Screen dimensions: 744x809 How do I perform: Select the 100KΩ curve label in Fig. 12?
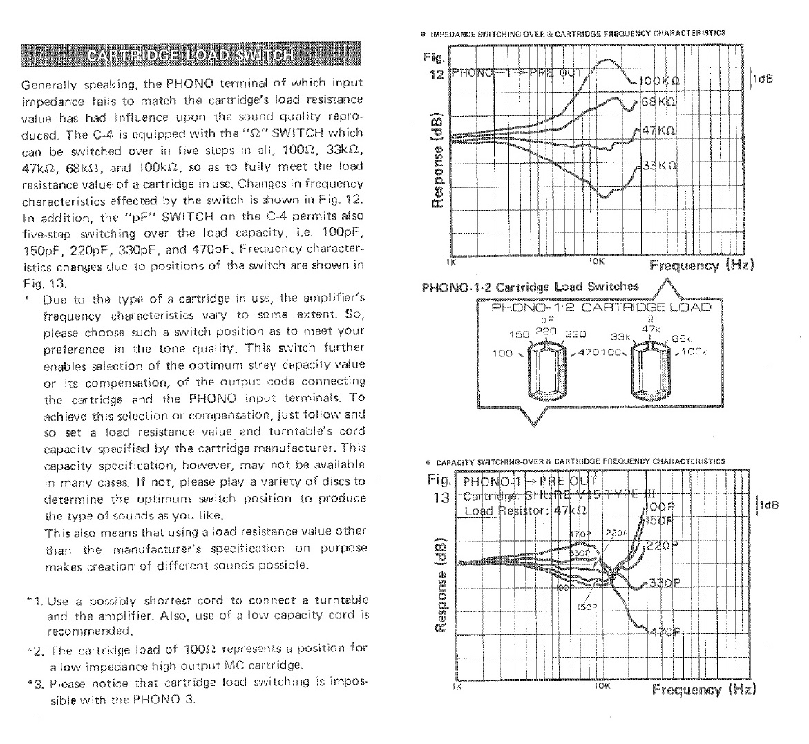pos(660,80)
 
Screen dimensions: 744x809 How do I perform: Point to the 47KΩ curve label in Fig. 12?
pos(658,131)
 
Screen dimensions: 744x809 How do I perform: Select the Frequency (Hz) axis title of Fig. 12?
pos(701,265)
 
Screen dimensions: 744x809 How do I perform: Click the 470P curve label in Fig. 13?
pos(665,632)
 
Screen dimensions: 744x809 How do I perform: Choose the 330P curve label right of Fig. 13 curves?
pos(665,583)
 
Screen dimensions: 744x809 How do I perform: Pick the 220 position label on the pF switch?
pos(546,330)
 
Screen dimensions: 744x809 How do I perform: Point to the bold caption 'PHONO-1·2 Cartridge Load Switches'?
pos(530,287)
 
